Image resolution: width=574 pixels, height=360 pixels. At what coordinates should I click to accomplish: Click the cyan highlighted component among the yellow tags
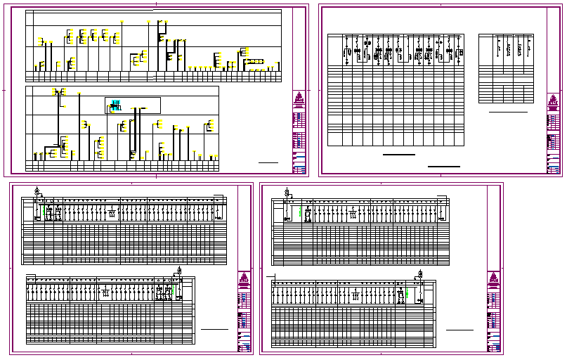[x=116, y=106]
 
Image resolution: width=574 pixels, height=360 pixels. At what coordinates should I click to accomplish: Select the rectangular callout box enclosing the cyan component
[x=133, y=106]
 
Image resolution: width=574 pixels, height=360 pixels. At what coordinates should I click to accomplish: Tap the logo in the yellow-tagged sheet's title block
[x=299, y=98]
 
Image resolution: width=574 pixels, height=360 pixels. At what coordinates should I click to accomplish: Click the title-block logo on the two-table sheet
[x=554, y=100]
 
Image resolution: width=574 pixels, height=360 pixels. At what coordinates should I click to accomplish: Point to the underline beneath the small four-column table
[x=508, y=112]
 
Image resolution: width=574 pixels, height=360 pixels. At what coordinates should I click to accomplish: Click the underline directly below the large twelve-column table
[x=398, y=154]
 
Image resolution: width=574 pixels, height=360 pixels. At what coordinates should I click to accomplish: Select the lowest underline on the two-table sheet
[x=444, y=167]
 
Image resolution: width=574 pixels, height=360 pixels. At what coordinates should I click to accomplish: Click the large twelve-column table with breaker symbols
[x=396, y=89]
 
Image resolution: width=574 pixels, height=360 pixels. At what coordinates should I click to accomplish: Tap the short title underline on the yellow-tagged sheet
[x=268, y=162]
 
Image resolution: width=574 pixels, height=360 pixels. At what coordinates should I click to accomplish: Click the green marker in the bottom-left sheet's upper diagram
[x=45, y=209]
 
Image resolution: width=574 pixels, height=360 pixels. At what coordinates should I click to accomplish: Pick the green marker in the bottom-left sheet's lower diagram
[x=168, y=289]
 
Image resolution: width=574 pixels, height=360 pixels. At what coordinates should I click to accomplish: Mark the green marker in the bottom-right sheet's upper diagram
[x=300, y=210]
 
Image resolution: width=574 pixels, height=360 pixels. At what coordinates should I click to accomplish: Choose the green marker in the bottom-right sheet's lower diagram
[x=407, y=292]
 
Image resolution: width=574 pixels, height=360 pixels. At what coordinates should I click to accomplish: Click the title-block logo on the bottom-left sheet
[x=244, y=279]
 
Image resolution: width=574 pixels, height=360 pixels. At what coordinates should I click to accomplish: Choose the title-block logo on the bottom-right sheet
[x=494, y=279]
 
